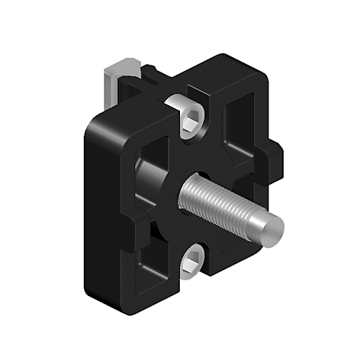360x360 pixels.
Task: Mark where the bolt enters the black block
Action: pyautogui.click(x=185, y=191)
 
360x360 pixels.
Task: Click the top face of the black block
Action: pyautogui.click(x=175, y=84)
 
